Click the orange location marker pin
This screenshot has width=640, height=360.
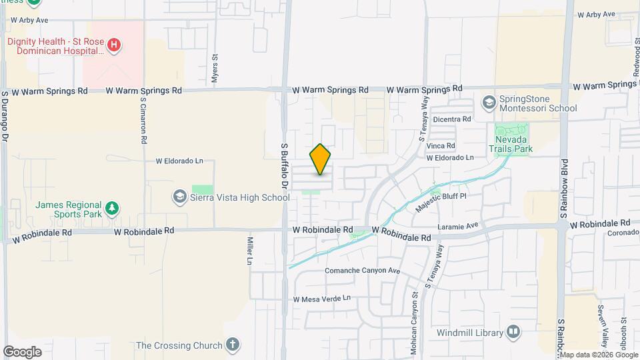[321, 159]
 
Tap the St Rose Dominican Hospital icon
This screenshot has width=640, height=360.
[115, 45]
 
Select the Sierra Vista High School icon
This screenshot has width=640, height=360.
[179, 197]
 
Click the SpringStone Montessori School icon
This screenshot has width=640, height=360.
[489, 103]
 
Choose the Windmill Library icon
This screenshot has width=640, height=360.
[513, 332]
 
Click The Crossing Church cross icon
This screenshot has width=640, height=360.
[231, 345]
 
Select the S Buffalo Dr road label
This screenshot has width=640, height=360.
[283, 166]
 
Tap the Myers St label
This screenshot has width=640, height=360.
[215, 68]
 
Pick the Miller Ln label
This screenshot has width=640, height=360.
[251, 249]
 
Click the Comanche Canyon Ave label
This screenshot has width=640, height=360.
[362, 271]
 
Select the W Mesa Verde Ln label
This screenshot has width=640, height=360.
[322, 299]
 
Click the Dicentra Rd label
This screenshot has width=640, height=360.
[452, 119]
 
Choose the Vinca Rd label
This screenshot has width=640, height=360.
[441, 145]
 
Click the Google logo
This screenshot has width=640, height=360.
[22, 351]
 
